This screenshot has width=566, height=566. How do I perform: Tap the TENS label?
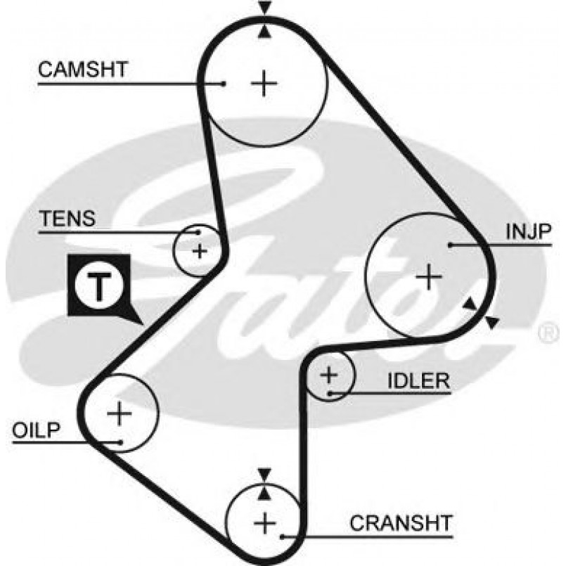point(67,218)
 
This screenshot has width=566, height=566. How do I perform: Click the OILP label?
point(37,430)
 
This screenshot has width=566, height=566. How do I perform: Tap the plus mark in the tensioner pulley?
point(200,250)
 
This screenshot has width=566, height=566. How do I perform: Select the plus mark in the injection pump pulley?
point(427,276)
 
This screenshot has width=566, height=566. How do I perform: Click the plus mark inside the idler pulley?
point(329,375)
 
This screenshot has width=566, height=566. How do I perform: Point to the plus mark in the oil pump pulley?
point(119,413)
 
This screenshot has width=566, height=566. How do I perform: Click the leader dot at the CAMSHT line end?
point(223,84)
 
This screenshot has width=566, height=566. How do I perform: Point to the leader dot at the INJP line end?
point(448,245)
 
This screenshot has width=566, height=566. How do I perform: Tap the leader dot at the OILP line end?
point(122,442)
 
